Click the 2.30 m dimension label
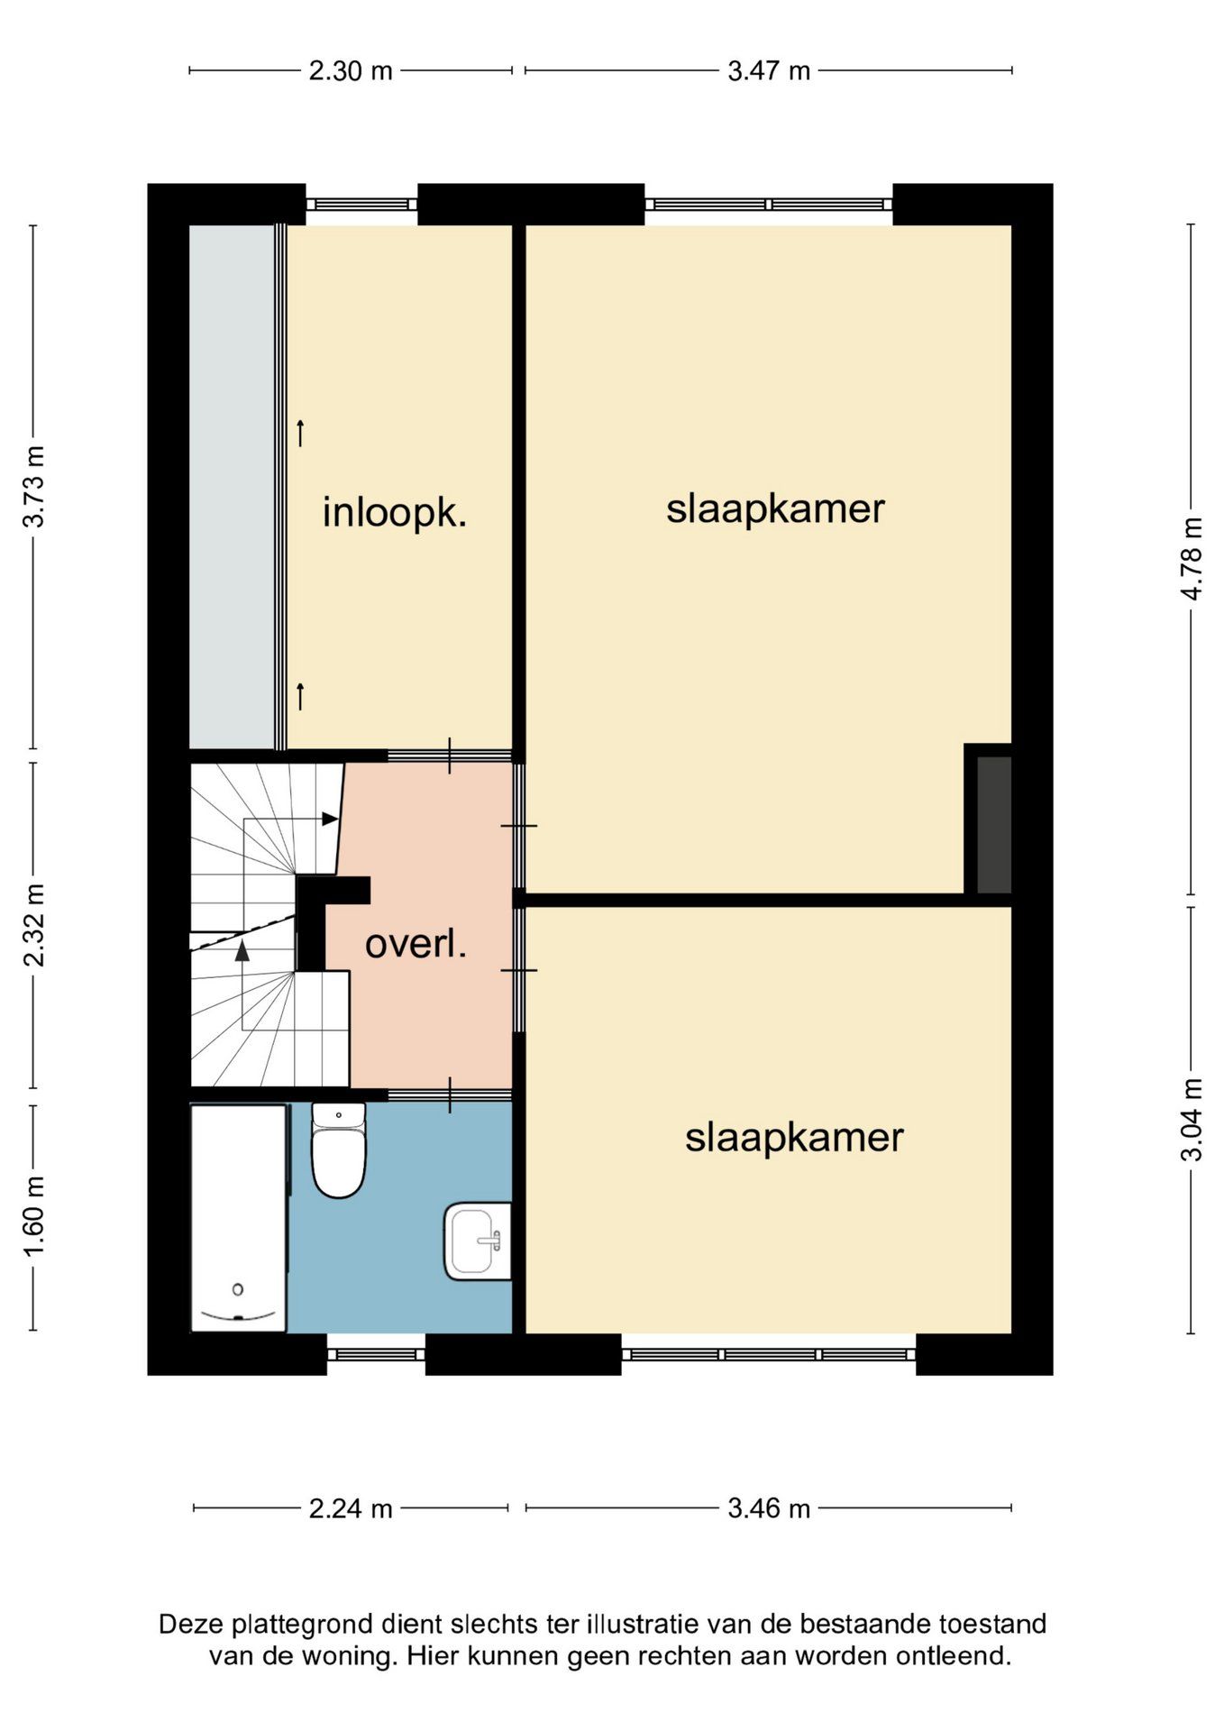coord(351,70)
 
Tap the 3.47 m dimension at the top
coord(769,70)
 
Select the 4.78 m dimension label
coord(1192,559)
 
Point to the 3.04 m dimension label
coord(1192,1121)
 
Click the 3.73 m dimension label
coord(34,487)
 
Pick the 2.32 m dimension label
coord(34,925)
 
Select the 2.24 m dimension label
coord(351,1508)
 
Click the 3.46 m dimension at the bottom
coord(769,1508)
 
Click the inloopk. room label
coord(395,514)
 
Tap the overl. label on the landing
coord(416,945)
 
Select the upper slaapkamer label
coord(775,509)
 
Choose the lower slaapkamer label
coord(794,1138)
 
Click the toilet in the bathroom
coord(339,1150)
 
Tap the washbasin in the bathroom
coord(478,1241)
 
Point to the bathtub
coord(239,1218)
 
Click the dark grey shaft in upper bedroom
coord(994,825)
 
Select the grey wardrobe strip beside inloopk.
coord(232,487)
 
